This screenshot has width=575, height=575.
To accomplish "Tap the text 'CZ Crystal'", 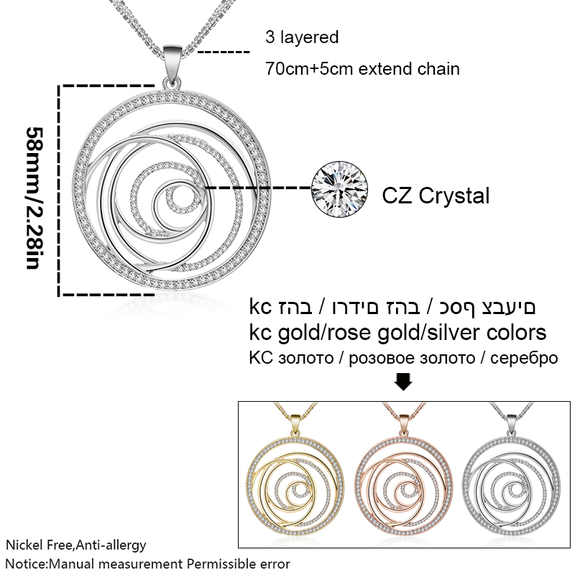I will pyautogui.click(x=436, y=195).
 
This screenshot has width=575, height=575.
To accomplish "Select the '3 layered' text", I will pyautogui.click(x=302, y=37).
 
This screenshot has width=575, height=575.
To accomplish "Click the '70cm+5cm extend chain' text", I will pyautogui.click(x=363, y=69).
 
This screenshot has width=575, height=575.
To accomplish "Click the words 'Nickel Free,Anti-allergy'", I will pyautogui.click(x=76, y=545).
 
